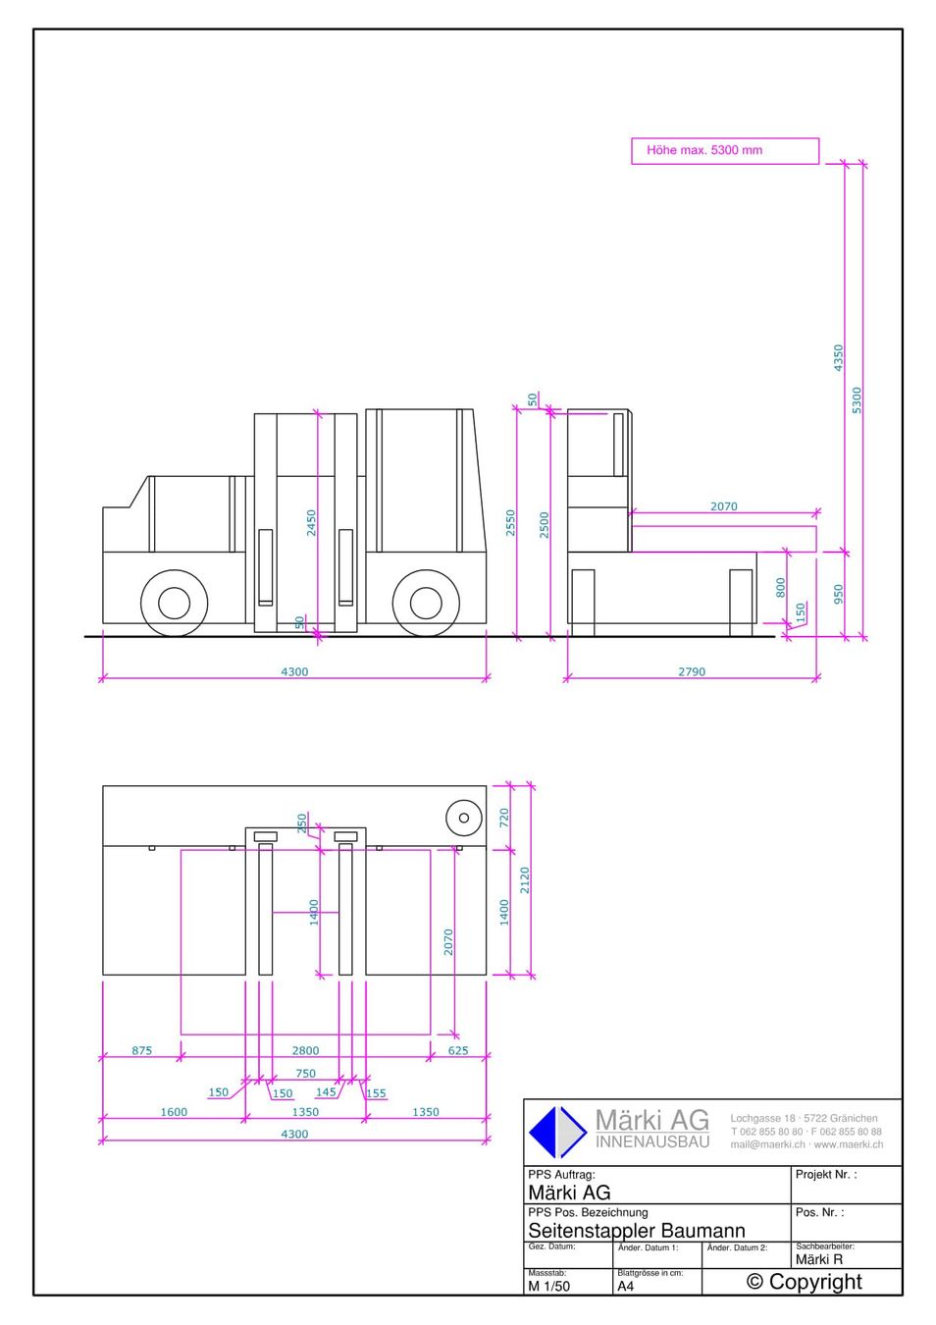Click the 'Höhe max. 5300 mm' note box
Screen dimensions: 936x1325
coord(725,151)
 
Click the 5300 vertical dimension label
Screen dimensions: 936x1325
coord(857,400)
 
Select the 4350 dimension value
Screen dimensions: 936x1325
coord(838,358)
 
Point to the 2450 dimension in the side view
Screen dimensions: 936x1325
coord(311,523)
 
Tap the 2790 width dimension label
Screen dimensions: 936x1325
coord(692,672)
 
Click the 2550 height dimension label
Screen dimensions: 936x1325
coord(510,523)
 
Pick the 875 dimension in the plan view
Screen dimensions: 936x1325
coord(142,1050)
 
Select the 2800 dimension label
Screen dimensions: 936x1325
coord(305,1050)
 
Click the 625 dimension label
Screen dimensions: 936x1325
coord(457,1050)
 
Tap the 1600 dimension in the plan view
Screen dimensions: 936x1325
coord(174,1112)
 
